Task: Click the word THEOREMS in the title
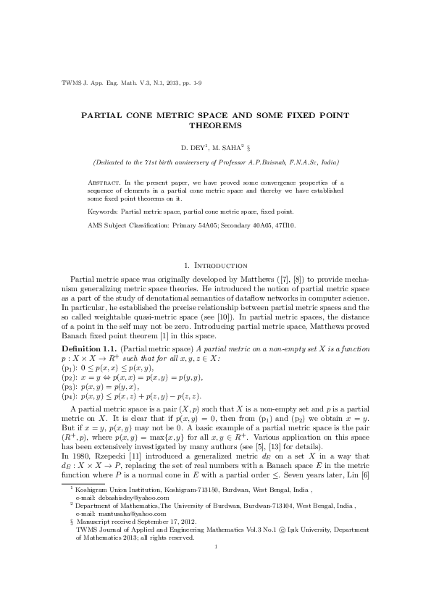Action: pyautogui.click(x=215, y=125)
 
